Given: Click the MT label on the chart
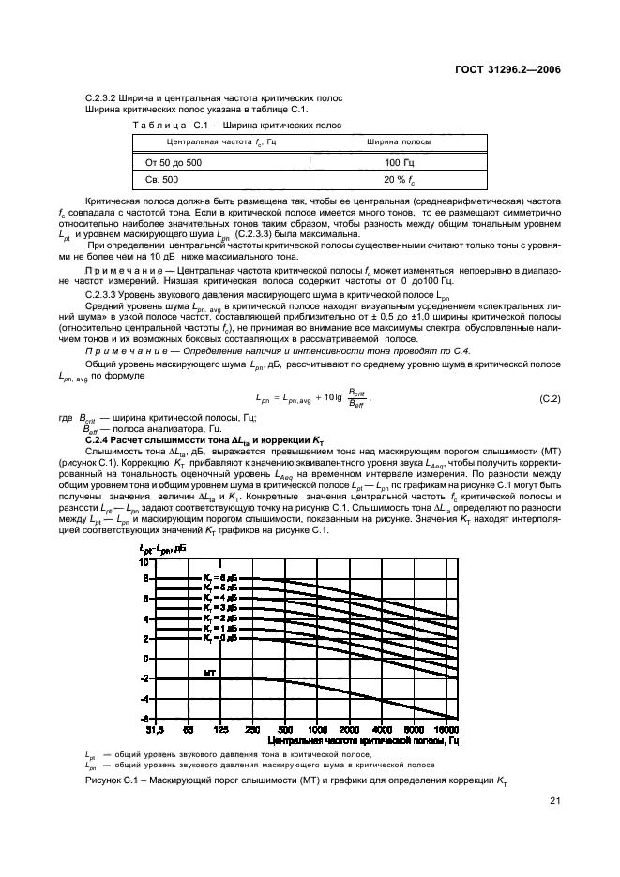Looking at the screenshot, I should tap(210, 673).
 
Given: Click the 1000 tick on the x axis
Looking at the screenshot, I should tap(317, 727).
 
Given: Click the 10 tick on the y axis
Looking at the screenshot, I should tap(144, 559).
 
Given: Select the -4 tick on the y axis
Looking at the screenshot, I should tap(144, 698).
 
